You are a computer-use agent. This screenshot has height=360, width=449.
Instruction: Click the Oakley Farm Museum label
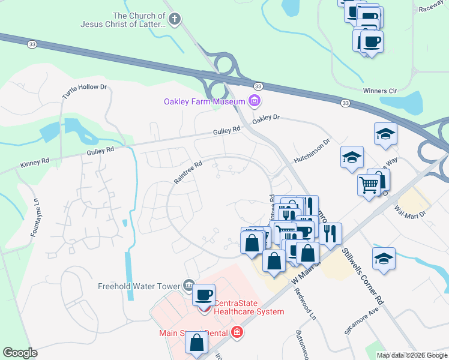205,101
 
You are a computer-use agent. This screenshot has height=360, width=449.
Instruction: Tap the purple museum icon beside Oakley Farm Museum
255,101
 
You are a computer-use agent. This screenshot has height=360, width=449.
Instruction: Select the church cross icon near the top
174,19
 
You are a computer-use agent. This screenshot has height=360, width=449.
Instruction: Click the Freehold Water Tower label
139,286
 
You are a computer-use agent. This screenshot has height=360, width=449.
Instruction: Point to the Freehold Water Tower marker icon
188,284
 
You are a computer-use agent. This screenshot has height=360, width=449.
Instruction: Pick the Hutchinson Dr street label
312,152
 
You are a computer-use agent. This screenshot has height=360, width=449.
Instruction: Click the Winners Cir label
380,91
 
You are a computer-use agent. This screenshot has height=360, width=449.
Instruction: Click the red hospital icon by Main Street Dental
238,331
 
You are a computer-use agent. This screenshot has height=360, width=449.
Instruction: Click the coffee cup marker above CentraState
203,295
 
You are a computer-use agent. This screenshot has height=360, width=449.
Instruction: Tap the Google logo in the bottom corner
20,353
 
